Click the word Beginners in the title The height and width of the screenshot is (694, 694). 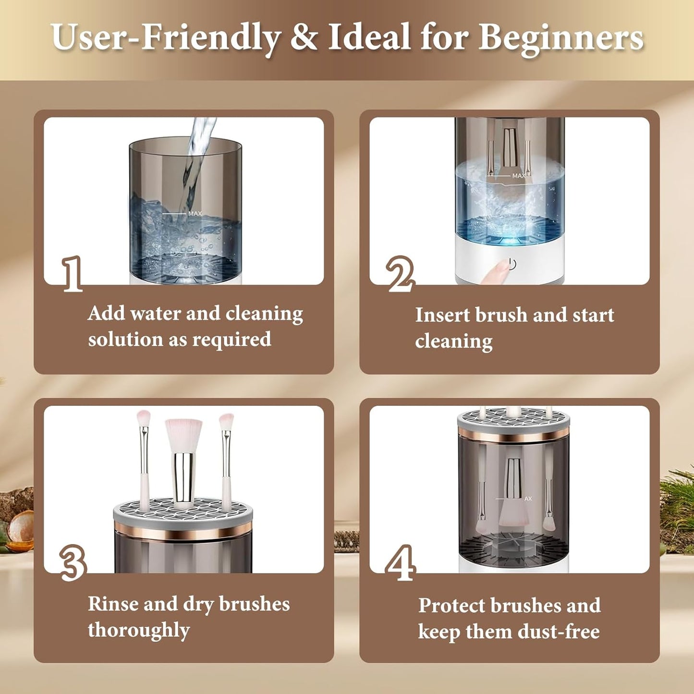[560, 37]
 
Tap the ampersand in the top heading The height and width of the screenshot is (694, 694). [304, 37]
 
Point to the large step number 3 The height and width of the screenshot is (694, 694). [73, 562]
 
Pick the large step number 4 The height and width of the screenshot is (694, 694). [400, 563]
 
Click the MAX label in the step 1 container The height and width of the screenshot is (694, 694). [195, 214]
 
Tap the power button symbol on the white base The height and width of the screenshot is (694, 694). [512, 264]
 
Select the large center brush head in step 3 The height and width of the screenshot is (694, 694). [183, 435]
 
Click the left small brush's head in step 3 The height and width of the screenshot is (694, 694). [143, 419]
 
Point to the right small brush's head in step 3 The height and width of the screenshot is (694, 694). [226, 422]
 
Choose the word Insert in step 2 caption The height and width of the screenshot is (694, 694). [442, 316]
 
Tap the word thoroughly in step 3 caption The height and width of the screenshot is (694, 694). [139, 630]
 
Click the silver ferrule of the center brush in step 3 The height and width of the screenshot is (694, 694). [183, 475]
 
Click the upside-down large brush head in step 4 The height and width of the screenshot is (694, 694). [512, 516]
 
